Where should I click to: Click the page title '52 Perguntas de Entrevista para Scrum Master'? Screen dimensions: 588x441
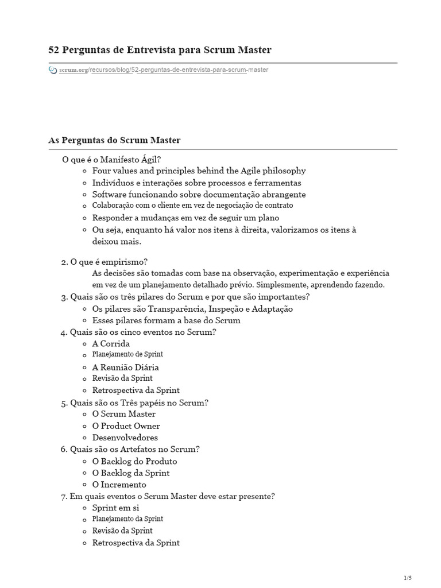[160, 50]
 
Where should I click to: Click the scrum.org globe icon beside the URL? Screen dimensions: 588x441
[53, 70]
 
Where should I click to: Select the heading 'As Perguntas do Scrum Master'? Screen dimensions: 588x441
[114, 140]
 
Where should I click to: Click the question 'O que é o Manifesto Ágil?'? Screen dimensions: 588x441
[111, 159]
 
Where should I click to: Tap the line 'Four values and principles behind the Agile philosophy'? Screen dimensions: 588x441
[199, 171]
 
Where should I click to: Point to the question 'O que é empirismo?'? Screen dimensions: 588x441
[109, 261]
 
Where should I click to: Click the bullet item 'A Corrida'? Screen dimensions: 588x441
[111, 344]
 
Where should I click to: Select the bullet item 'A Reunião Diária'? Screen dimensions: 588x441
[125, 367]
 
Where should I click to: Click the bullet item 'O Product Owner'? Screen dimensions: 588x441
[126, 426]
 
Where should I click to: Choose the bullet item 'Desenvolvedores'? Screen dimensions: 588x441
[125, 438]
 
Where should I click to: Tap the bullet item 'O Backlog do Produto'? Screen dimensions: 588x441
[134, 461]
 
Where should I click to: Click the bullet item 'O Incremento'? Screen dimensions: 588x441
[119, 485]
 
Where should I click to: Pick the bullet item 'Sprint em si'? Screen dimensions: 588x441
[115, 508]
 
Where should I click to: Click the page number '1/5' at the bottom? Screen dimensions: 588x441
[408, 578]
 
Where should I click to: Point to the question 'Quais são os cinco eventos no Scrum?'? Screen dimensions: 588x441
[142, 332]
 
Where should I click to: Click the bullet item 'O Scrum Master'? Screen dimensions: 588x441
[123, 414]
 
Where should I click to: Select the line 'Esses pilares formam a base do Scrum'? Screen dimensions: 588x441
[166, 320]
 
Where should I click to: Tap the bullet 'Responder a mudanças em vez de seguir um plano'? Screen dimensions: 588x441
[185, 218]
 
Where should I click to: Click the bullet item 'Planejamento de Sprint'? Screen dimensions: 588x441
[127, 354]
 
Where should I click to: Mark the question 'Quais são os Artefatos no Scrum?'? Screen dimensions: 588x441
[134, 449]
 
